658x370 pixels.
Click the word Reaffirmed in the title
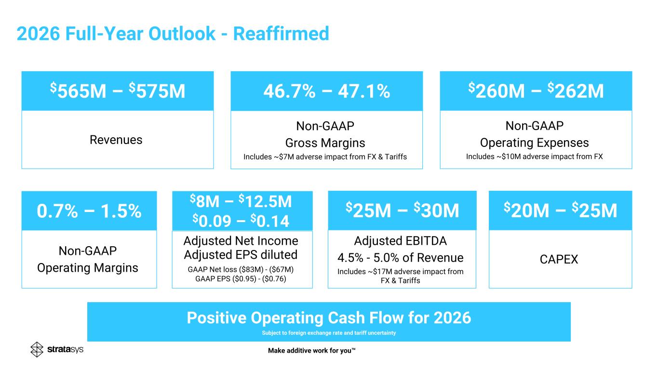coord(281,33)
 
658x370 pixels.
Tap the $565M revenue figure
coord(78,91)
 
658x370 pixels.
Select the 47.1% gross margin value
coord(364,91)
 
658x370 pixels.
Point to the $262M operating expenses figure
coord(576,91)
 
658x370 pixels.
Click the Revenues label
coord(116,140)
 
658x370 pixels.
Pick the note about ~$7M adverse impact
coord(325,157)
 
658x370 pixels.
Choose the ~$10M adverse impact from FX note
coord(534,157)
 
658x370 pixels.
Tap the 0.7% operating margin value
coord(57,211)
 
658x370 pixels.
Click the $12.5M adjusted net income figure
coord(265,201)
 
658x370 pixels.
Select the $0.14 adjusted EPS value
coord(270,221)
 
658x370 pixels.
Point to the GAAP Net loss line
coord(241,269)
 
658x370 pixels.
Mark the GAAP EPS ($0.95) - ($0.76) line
coord(241,278)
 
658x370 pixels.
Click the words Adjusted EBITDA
coord(401,241)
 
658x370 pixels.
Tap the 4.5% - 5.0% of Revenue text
coord(401,258)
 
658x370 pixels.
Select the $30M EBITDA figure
coord(436,210)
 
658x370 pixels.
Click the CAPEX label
coord(559,259)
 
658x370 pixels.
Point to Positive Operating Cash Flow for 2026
coord(329,318)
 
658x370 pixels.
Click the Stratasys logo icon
coord(37,349)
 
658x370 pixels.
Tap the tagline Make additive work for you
coord(312,351)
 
